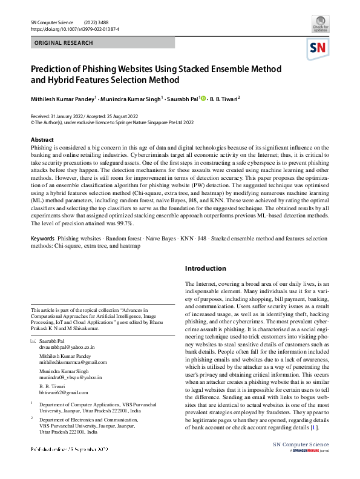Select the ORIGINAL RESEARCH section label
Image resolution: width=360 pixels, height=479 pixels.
64,43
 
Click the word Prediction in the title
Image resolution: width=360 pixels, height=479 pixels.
54,69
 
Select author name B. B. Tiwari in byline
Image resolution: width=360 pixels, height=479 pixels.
225,98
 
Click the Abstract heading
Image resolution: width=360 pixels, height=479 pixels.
42,140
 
